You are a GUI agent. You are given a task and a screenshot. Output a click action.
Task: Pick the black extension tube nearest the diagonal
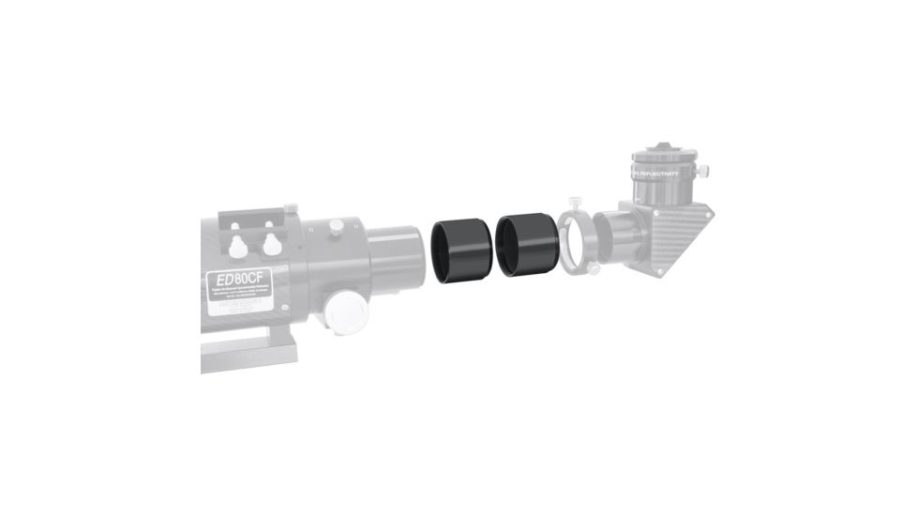tap(526, 244)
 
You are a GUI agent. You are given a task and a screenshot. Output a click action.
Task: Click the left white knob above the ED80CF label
tap(240, 245)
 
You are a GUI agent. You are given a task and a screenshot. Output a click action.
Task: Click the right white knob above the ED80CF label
tap(272, 244)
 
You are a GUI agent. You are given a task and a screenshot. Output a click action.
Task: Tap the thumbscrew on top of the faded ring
tap(574, 201)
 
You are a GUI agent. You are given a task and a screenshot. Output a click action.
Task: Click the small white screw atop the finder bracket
tap(291, 206)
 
